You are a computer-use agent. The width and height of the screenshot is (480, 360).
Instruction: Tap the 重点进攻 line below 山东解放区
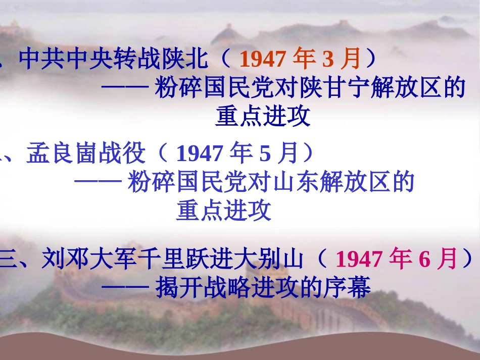(223, 211)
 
